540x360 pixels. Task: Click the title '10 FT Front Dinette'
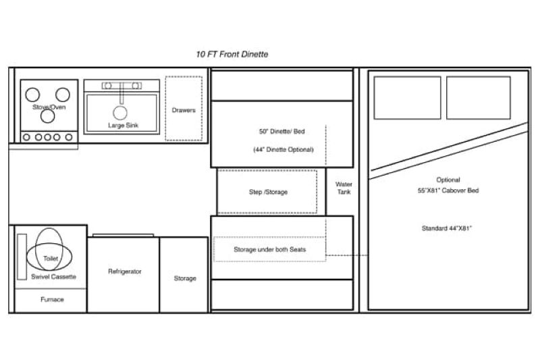[x=232, y=55]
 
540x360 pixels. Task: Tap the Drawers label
[x=184, y=110]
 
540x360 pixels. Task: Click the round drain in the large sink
[x=120, y=113]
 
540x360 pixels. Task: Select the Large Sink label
[x=123, y=126]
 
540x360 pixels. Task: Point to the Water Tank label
[x=344, y=188]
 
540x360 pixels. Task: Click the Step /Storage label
[x=268, y=192]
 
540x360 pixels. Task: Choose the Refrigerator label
[x=125, y=272]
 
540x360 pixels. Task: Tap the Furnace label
[x=52, y=299]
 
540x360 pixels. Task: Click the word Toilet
[x=51, y=259]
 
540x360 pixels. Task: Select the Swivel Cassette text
[x=53, y=277]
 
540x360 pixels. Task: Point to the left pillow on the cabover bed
[x=408, y=98]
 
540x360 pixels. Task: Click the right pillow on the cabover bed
[x=479, y=98]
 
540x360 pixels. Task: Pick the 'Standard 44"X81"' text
[x=447, y=228]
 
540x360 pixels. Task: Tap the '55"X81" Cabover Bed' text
[x=448, y=190]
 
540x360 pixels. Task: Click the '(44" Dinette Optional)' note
[x=283, y=149]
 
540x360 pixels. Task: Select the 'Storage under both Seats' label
[x=269, y=249]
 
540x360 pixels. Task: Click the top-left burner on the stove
[x=32, y=95]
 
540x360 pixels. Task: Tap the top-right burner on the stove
[x=63, y=95]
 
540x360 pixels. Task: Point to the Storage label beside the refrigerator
[x=185, y=278]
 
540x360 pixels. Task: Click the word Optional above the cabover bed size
[x=448, y=180]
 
